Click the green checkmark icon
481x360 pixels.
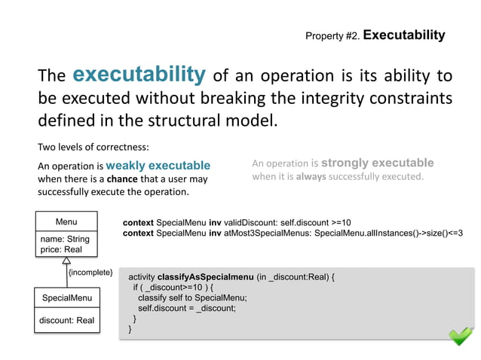click(x=461, y=336)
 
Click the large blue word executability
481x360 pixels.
click(x=139, y=75)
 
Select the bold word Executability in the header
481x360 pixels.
click(x=404, y=35)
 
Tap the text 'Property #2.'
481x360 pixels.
click(x=332, y=36)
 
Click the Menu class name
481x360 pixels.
click(x=66, y=221)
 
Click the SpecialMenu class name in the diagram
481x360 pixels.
click(x=66, y=298)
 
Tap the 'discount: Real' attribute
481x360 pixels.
click(x=66, y=320)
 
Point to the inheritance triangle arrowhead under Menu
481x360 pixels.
click(x=66, y=261)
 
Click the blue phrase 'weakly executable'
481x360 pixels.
click(x=158, y=165)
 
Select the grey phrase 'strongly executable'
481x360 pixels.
click(x=378, y=163)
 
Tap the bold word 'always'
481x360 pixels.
click(x=309, y=177)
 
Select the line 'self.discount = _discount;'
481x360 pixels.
click(x=187, y=307)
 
